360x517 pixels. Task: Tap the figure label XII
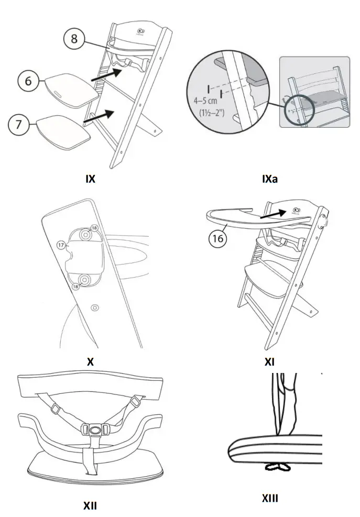pyautogui.click(x=90, y=506)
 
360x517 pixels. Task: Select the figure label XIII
pyautogui.click(x=270, y=498)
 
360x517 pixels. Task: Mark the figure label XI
pyautogui.click(x=269, y=361)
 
